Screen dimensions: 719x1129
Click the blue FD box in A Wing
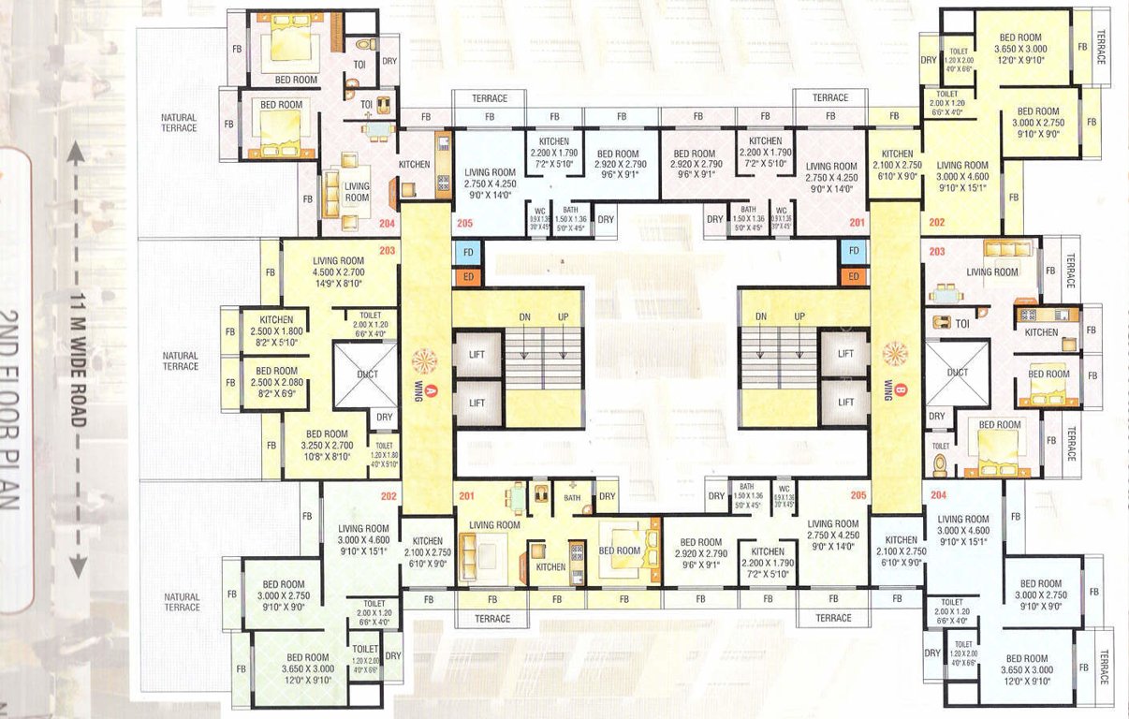point(468,252)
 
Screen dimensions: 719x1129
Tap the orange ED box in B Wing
point(852,276)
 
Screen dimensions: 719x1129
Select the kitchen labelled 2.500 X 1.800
point(277,330)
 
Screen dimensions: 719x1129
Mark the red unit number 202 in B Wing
point(936,224)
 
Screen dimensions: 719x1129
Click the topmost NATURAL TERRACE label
point(179,123)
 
